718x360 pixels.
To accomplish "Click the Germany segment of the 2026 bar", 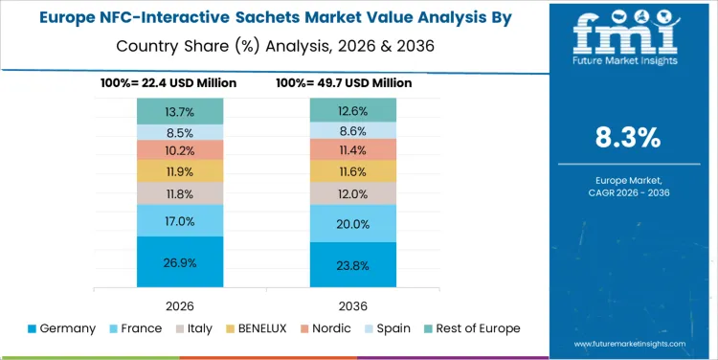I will [180, 262].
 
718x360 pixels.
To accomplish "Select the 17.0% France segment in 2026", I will [180, 220].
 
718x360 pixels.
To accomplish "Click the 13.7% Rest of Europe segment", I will [180, 111].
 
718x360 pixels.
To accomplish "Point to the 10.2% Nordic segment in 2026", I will [180, 149].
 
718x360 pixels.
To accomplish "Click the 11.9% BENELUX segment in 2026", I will [180, 171].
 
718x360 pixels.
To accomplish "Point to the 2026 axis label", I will [180, 304].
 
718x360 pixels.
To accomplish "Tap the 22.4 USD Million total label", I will [168, 83].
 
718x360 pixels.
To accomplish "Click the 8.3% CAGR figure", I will [627, 137].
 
